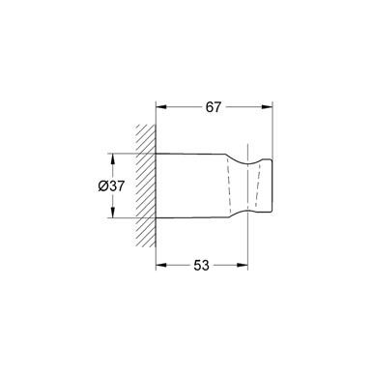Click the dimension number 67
214,107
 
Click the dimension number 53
201,266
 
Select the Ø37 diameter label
111,186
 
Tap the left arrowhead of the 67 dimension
160,107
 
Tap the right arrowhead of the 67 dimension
268,107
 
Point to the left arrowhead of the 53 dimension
160,265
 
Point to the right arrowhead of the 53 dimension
243,265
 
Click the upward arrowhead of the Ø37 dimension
113,158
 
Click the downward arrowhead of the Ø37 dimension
113,213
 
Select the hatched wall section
146,186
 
